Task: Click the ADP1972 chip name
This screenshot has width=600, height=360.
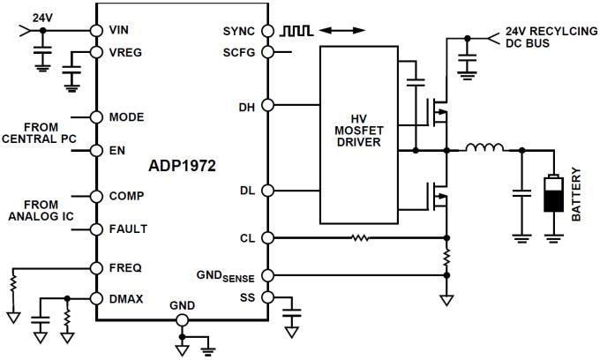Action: point(180,164)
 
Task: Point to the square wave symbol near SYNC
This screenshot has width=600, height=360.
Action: point(296,30)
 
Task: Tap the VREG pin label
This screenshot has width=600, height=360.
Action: point(125,52)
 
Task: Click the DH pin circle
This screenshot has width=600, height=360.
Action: point(269,107)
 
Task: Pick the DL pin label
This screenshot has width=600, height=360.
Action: point(247,191)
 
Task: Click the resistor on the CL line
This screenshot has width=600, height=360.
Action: point(359,237)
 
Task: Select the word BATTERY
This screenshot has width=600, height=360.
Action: point(578,195)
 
